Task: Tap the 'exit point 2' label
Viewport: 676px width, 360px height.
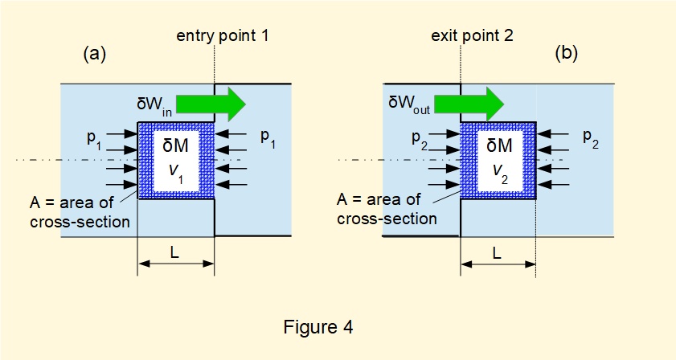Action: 473,36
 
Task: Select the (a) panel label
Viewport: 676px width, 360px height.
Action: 95,55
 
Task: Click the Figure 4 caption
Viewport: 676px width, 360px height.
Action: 318,328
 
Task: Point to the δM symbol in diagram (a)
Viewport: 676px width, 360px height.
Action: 176,147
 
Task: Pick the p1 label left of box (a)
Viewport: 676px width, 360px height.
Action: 95,138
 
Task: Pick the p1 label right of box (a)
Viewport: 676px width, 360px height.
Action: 268,137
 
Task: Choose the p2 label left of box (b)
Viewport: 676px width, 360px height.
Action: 418,138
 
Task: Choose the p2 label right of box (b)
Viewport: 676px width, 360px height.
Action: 592,137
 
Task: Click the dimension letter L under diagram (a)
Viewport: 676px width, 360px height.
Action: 175,252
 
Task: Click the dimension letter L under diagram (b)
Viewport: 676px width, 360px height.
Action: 497,252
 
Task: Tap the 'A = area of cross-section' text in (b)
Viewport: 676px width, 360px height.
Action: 387,211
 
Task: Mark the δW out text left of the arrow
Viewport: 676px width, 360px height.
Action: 409,103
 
